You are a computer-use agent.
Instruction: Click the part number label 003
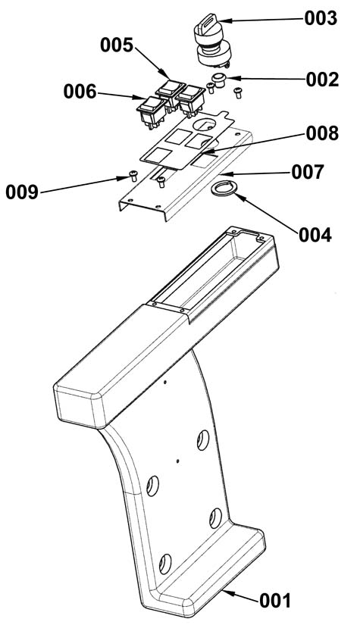click(321, 18)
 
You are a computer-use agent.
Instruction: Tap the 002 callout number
click(322, 80)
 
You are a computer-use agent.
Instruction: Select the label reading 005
click(117, 45)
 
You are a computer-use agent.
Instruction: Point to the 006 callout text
click(80, 92)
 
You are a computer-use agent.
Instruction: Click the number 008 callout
click(322, 134)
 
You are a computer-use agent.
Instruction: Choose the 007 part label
click(308, 173)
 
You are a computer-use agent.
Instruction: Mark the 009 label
click(22, 192)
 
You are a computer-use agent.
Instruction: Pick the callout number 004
click(315, 235)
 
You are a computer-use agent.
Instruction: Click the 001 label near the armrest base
click(275, 600)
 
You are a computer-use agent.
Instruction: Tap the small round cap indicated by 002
click(219, 79)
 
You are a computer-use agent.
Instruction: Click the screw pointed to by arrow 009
click(133, 175)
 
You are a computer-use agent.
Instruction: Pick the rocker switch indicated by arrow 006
click(152, 111)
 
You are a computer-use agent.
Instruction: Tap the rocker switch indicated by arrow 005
click(171, 94)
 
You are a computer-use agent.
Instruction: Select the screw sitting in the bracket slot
click(161, 182)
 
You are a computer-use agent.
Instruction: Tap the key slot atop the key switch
click(208, 20)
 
